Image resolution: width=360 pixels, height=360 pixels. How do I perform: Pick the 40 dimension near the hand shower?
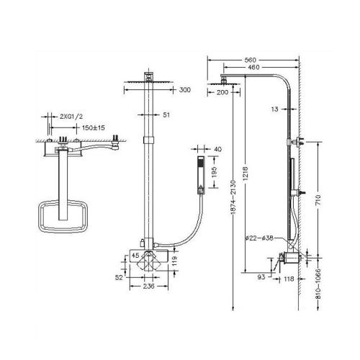(x=218, y=149)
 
